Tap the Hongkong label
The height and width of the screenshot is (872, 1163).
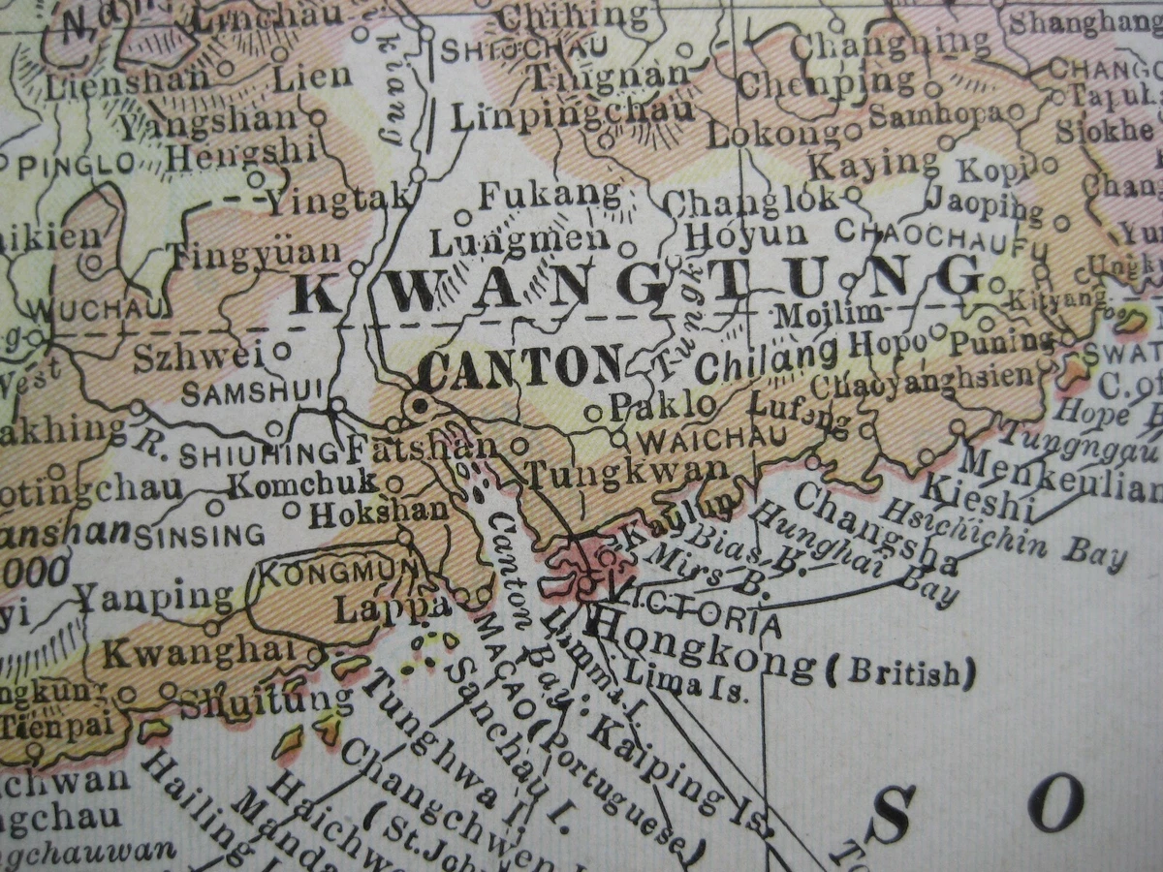703,649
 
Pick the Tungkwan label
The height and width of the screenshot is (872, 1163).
625,473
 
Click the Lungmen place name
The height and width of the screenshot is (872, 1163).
519,240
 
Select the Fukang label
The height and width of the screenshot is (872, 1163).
550,194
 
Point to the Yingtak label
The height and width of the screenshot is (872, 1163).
339,200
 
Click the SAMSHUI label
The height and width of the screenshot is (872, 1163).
237,392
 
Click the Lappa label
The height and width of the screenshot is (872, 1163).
392,609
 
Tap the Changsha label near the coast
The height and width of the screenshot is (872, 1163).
875,528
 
